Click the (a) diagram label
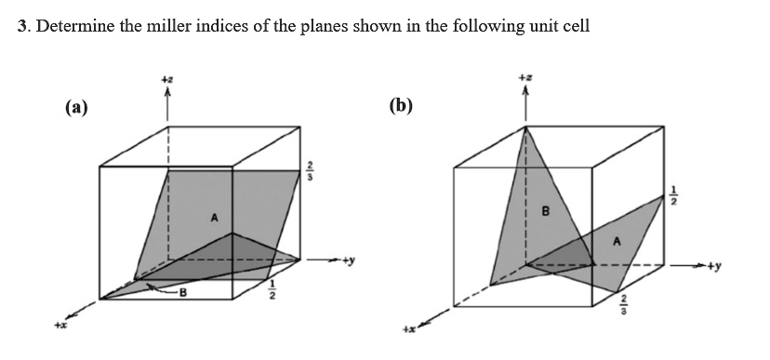coord(76,108)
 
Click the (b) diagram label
coord(401,105)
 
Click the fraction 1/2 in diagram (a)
coord(272,292)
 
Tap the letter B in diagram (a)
coord(183,297)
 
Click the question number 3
coord(22,26)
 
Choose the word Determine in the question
coord(70,26)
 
